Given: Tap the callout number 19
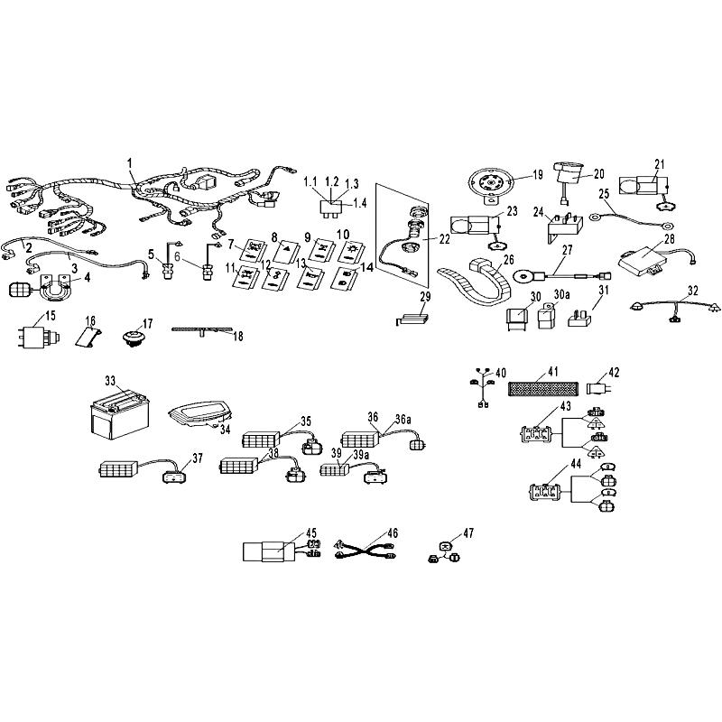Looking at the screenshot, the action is [x=537, y=175].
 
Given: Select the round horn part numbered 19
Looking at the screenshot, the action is [x=491, y=185].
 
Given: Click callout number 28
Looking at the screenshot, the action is [x=669, y=239].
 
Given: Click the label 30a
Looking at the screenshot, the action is [x=561, y=294].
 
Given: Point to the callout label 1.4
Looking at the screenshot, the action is [x=359, y=202].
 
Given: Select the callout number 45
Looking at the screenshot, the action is [x=311, y=533].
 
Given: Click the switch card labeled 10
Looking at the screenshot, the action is [x=352, y=253].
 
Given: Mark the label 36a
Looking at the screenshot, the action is [x=403, y=419].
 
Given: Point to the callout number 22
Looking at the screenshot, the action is [x=444, y=239].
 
